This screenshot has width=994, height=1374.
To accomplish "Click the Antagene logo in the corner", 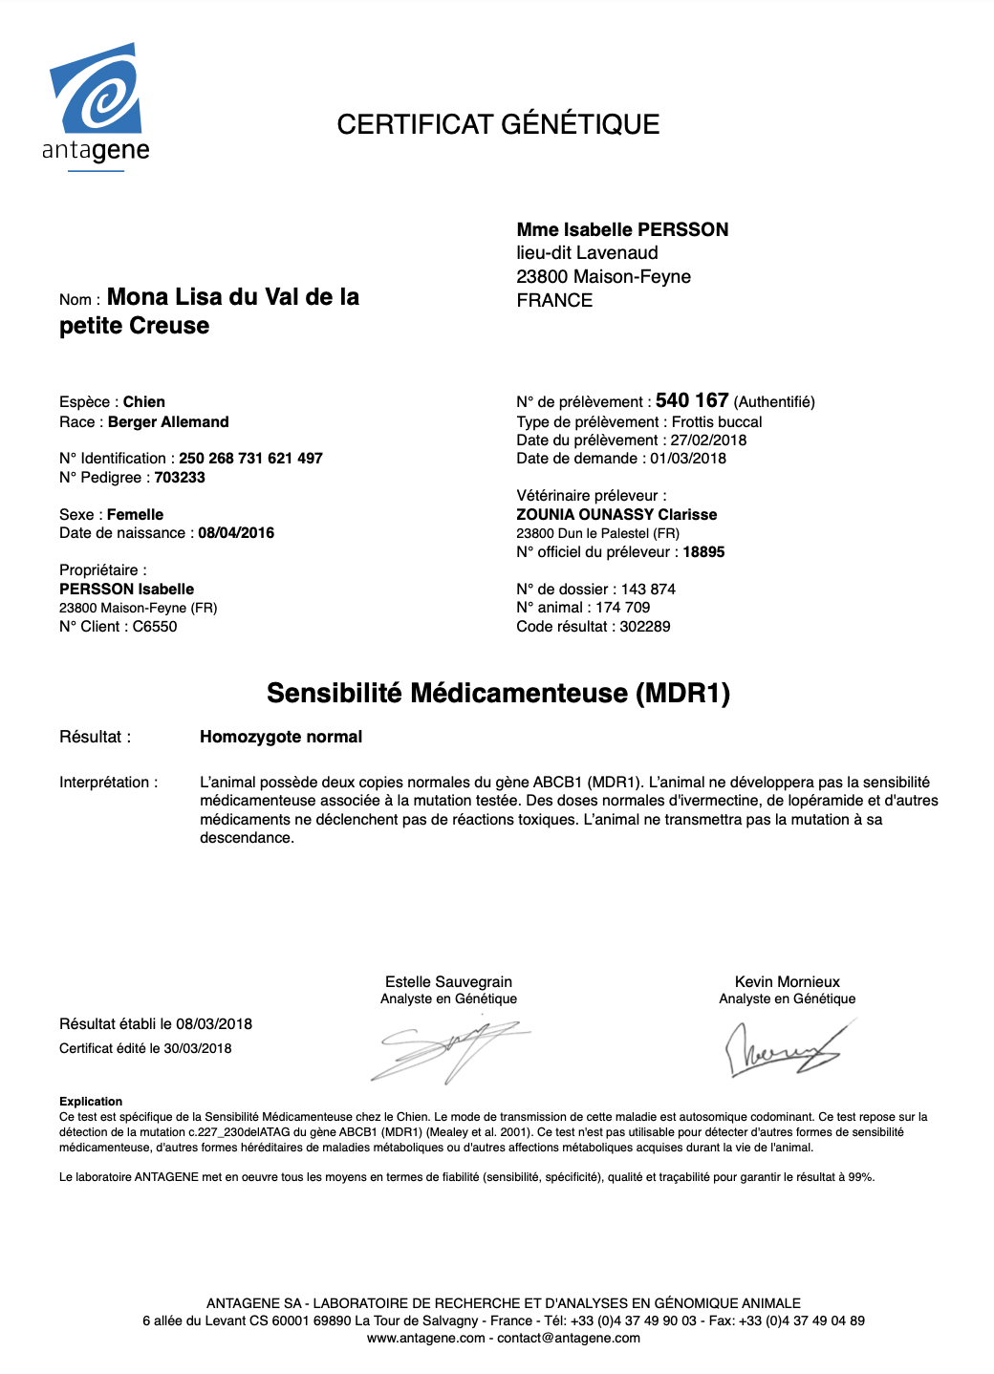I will click(96, 105).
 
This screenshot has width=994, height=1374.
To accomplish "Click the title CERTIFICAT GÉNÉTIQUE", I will click(498, 124).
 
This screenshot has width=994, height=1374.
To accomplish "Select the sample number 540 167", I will click(692, 400).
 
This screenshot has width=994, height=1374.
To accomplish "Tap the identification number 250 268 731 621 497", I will click(250, 459).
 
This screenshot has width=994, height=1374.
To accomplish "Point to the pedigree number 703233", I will click(180, 478).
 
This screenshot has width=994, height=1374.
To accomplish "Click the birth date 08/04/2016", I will click(236, 533).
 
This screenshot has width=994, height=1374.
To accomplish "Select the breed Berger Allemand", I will click(168, 422).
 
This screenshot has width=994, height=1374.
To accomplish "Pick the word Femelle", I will click(135, 515).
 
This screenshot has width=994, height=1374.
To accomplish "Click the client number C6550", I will click(155, 627).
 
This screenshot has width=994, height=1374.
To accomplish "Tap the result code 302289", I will click(645, 627).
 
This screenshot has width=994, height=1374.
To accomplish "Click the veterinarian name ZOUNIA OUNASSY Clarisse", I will click(616, 515).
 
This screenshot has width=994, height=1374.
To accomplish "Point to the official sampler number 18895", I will click(703, 552).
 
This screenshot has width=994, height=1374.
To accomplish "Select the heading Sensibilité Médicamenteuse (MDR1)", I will click(498, 693).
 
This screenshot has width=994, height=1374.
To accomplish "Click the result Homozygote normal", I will click(281, 737).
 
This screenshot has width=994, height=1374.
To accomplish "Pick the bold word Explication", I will click(91, 1102).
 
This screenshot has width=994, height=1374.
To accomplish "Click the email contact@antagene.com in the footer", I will click(569, 1338).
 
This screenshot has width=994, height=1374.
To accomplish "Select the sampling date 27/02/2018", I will click(708, 440).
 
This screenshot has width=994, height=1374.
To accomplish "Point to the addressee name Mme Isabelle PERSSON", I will click(622, 229).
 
